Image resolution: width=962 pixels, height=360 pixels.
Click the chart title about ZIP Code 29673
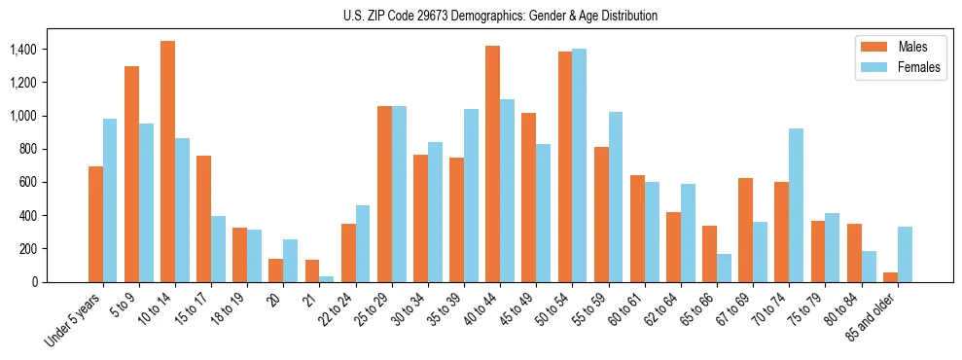(500, 16)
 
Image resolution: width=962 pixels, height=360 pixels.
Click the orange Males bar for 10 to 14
(167, 162)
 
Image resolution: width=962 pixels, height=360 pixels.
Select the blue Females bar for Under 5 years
(110, 200)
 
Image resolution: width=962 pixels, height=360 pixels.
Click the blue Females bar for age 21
(326, 278)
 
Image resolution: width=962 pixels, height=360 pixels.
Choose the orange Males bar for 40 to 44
(492, 163)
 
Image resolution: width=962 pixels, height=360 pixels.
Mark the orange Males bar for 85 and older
(890, 277)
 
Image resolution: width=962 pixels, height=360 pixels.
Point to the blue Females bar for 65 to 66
(724, 268)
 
